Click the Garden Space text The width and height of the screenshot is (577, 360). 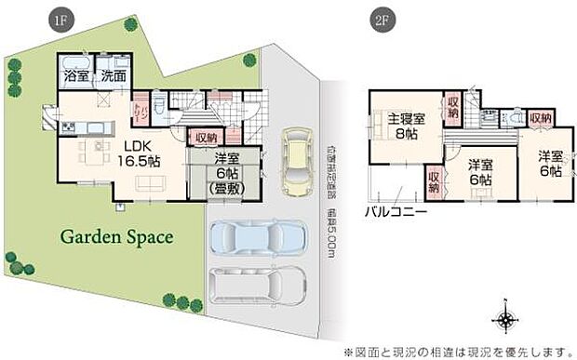116,236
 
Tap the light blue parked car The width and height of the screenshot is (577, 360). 257,240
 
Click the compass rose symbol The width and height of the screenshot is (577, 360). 505,321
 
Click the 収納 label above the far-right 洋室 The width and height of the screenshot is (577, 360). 540,118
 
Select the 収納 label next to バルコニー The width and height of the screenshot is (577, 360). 434,179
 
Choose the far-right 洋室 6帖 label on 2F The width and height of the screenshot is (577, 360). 548,164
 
